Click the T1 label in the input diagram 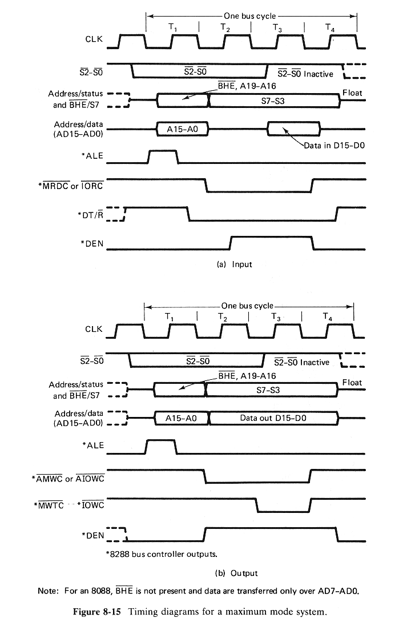[x=174, y=27]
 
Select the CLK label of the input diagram [x=94, y=39]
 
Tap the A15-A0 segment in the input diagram [x=182, y=129]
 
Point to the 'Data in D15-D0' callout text [x=334, y=146]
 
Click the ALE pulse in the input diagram [x=163, y=156]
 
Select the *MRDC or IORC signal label [x=71, y=186]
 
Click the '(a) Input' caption [x=231, y=264]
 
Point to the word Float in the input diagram [x=352, y=93]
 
